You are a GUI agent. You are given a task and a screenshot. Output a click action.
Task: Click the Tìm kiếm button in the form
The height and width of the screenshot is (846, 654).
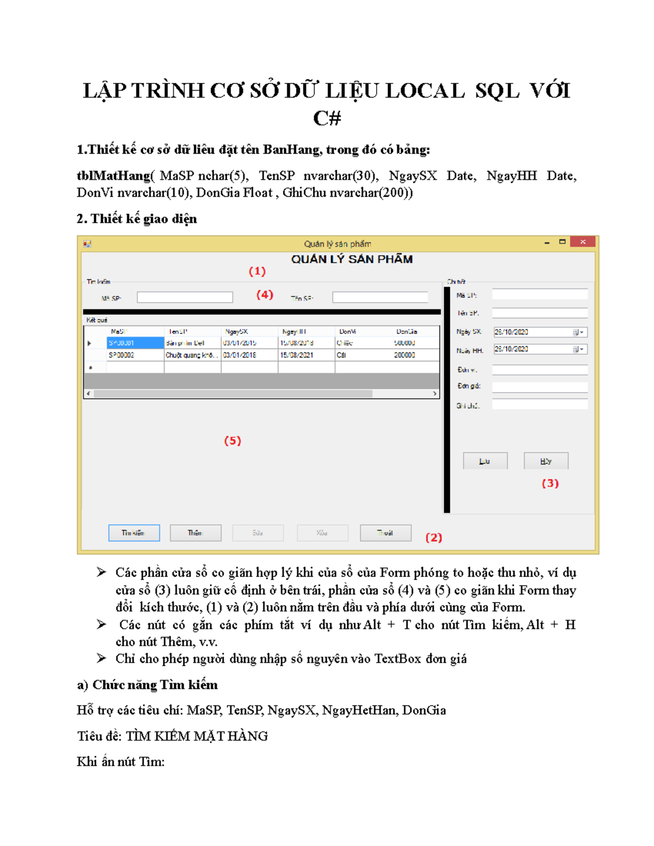pos(134,533)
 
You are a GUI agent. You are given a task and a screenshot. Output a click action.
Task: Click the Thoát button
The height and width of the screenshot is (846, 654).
pos(385,533)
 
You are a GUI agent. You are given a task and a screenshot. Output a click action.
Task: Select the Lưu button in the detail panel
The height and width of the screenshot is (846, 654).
pos(485,461)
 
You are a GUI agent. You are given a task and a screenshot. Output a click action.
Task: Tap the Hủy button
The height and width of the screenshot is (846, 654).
pos(546,461)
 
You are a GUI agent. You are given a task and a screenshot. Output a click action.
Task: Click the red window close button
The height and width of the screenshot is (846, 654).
pos(583,242)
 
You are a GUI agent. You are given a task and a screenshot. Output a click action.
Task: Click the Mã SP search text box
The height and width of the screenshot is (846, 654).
pos(185,297)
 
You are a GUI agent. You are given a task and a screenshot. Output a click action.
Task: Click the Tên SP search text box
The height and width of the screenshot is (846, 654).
pos(380,297)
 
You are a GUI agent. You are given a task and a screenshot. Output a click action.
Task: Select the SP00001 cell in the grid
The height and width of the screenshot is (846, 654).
pos(135,343)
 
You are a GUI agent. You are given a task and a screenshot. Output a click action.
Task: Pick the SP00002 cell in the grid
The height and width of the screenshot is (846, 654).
pos(135,355)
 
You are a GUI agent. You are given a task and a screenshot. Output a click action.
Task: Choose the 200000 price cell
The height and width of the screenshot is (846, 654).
pos(404,355)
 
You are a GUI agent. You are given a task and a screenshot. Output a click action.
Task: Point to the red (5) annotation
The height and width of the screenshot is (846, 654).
pos(233,441)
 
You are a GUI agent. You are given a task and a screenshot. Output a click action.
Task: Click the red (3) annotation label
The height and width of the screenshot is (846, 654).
pos(550,483)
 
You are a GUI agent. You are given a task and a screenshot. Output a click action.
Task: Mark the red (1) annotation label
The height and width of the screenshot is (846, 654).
pos(257,271)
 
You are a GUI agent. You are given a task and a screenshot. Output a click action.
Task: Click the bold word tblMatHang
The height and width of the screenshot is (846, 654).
pos(113,176)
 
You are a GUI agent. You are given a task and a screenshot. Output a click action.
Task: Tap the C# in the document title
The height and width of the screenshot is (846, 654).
pos(327,118)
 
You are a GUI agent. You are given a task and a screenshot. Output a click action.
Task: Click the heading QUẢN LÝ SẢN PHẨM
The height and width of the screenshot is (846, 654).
pos(352,259)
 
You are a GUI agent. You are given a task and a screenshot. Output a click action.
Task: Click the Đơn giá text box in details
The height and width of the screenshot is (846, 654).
pos(540,387)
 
